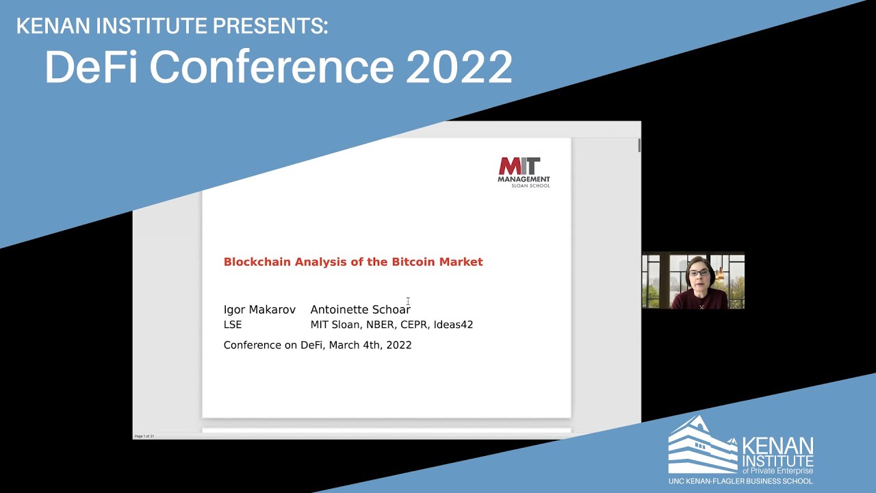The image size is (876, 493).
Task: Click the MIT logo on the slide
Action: tap(519, 166)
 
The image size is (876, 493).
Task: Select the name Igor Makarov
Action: tap(259, 309)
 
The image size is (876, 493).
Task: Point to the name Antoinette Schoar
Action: tap(360, 309)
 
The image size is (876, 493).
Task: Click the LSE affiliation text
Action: tap(233, 325)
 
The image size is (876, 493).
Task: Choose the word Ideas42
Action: tap(453, 325)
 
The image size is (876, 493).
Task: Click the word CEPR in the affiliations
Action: tap(414, 325)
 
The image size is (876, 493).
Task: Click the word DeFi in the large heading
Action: tap(94, 67)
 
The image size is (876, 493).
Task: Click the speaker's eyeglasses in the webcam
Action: tap(699, 273)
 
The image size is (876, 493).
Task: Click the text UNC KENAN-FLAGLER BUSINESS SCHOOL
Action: tap(740, 481)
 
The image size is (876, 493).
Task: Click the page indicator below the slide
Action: tap(144, 435)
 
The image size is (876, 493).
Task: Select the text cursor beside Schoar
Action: tap(408, 301)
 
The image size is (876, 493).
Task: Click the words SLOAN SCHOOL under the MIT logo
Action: tap(530, 186)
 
